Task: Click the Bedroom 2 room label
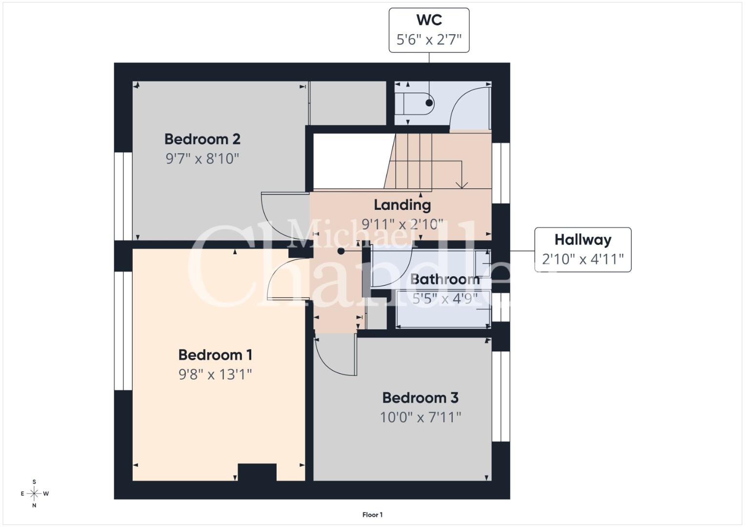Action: (x=202, y=139)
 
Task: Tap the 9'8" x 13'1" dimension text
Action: (x=215, y=375)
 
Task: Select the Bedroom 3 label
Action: (x=421, y=398)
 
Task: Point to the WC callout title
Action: (x=429, y=20)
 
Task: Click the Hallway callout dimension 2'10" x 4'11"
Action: (x=583, y=259)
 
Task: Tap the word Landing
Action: (x=403, y=205)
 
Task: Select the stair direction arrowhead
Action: (x=462, y=185)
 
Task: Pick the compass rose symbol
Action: (x=34, y=493)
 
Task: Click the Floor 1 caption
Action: (x=373, y=515)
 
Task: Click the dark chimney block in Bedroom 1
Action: (x=257, y=472)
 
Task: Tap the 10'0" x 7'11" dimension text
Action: (x=421, y=417)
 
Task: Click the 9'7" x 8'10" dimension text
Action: (x=202, y=159)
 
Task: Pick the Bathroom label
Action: (x=445, y=280)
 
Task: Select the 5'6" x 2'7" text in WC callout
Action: (x=429, y=40)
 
